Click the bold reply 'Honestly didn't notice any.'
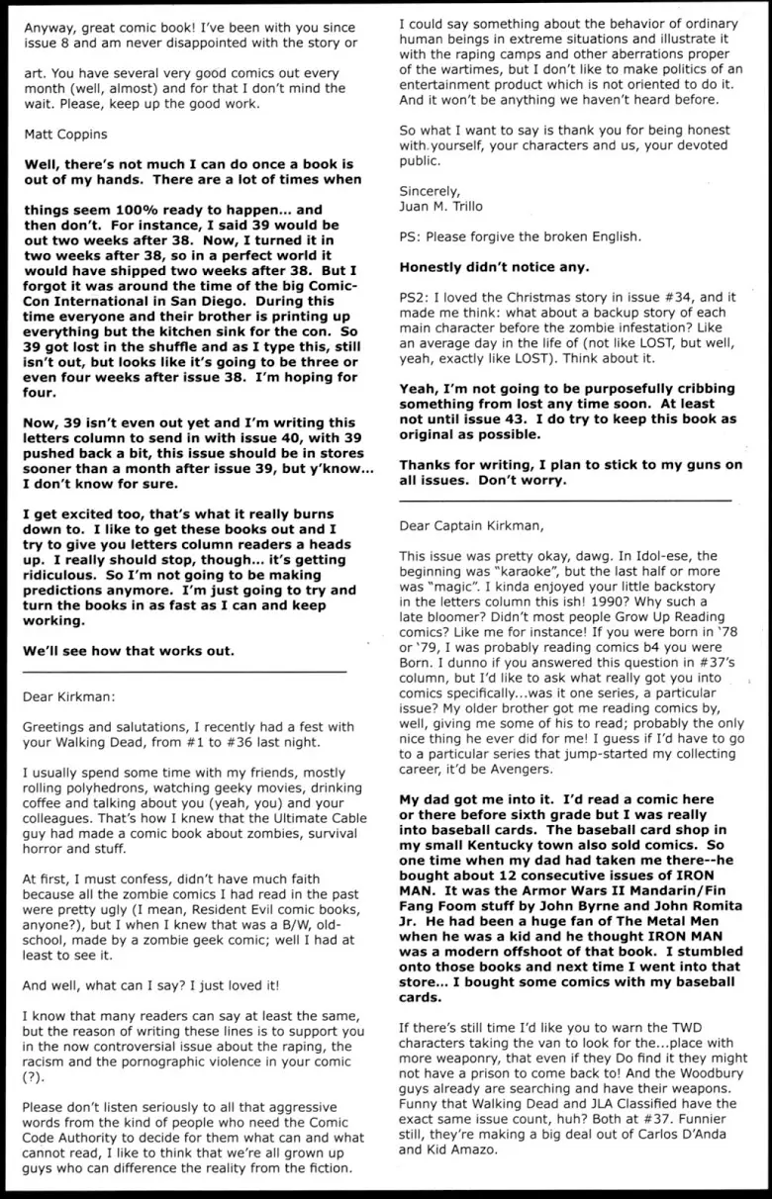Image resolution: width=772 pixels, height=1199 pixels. pyautogui.click(x=496, y=266)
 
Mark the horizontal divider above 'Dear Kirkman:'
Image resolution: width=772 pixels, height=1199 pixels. pyautogui.click(x=184, y=672)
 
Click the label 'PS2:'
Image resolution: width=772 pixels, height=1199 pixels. pyautogui.click(x=415, y=295)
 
